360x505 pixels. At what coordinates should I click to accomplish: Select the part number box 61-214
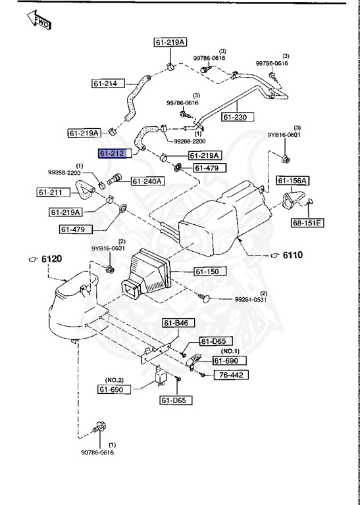pyautogui.click(x=106, y=84)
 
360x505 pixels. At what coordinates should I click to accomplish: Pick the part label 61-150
pyautogui.click(x=209, y=271)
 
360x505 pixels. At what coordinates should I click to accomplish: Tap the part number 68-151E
pyautogui.click(x=307, y=223)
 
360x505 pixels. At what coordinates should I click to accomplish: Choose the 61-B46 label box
pyautogui.click(x=176, y=323)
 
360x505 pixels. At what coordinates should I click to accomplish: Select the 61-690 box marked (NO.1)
pyautogui.click(x=228, y=361)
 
